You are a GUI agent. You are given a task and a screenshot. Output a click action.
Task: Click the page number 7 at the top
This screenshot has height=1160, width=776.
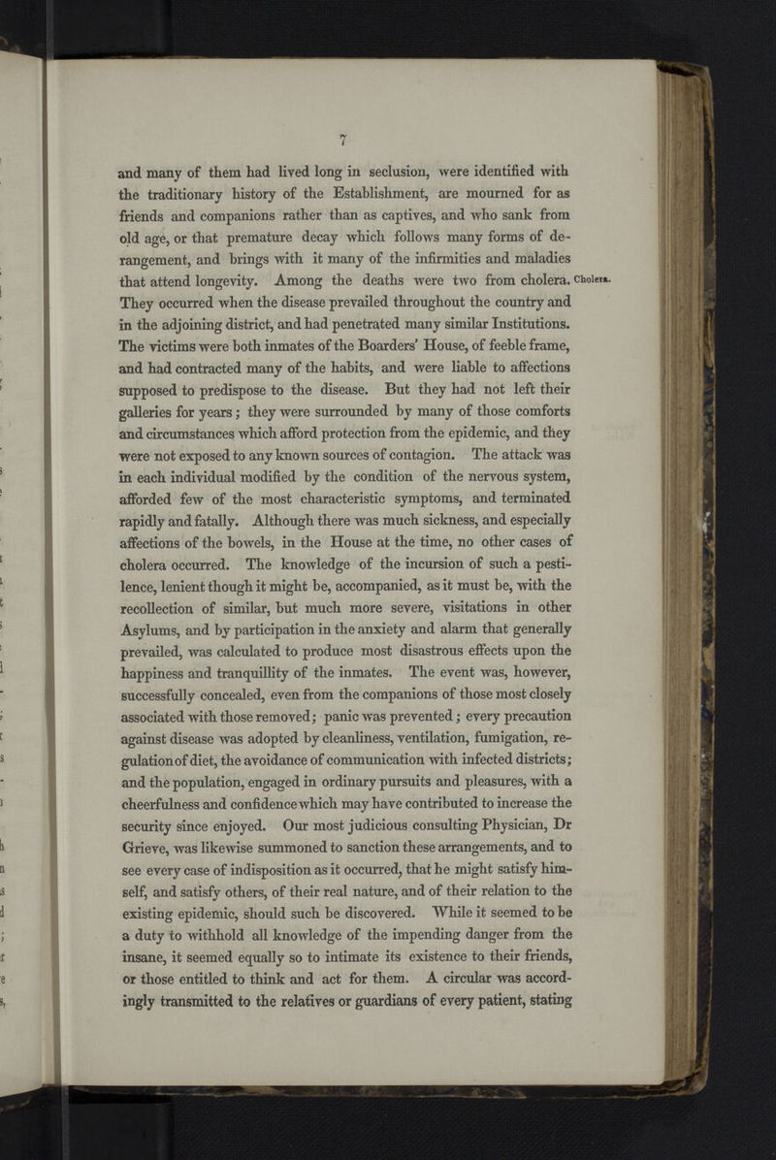click(x=343, y=137)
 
